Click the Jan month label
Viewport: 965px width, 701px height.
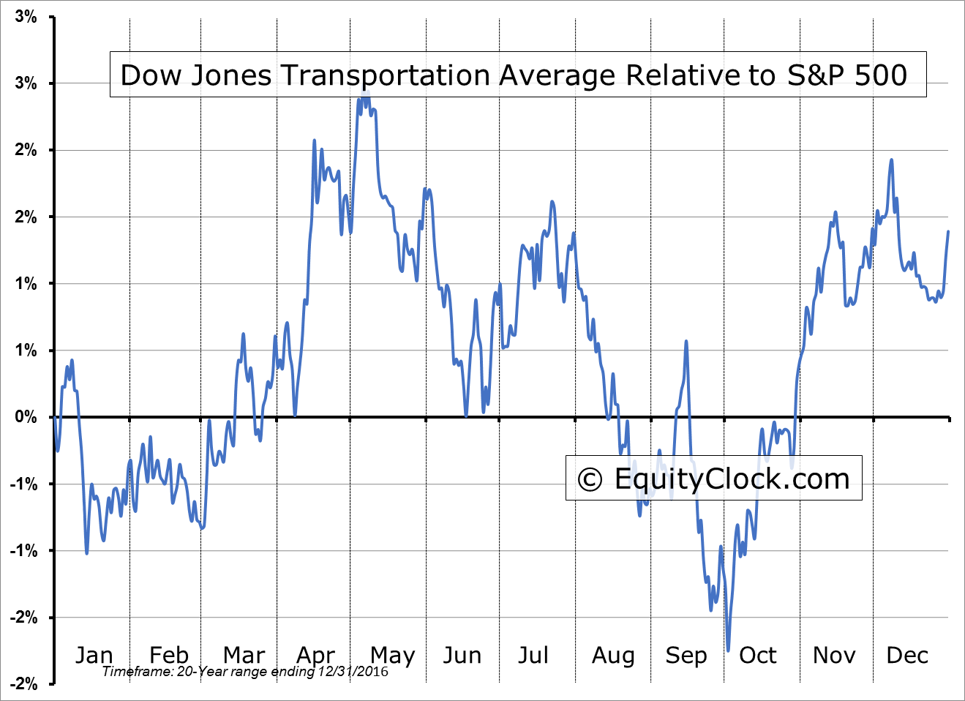[x=94, y=655]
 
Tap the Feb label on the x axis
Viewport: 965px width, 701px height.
[x=169, y=655]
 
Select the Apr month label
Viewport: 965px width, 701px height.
[x=316, y=655]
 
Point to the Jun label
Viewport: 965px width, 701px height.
[x=462, y=655]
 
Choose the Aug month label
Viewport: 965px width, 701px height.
[x=613, y=655]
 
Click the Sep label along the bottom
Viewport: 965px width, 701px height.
[x=686, y=655]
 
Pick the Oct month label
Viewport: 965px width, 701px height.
[x=758, y=655]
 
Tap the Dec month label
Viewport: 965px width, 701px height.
[x=907, y=655]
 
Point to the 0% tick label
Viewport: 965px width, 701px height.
[x=26, y=417]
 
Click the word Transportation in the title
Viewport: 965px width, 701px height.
[x=378, y=75]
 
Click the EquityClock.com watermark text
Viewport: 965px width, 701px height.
[x=732, y=479]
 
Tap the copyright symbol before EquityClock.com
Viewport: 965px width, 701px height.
[x=590, y=480]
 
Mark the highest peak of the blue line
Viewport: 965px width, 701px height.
[x=364, y=92]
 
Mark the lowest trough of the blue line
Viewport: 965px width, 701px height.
[x=728, y=650]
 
